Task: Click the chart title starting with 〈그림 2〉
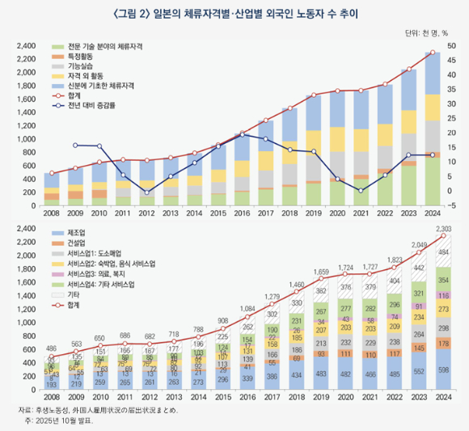point(234,13)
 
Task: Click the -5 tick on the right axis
point(450,205)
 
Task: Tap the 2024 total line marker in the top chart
point(433,53)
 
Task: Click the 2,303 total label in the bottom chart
point(442,230)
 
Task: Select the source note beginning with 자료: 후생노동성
point(101,411)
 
